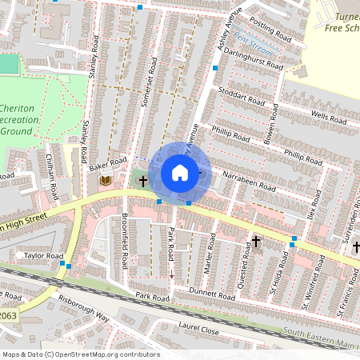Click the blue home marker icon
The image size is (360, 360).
180,173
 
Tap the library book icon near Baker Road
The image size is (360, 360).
105,181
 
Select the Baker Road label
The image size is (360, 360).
108,164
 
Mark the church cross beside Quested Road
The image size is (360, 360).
256,240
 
